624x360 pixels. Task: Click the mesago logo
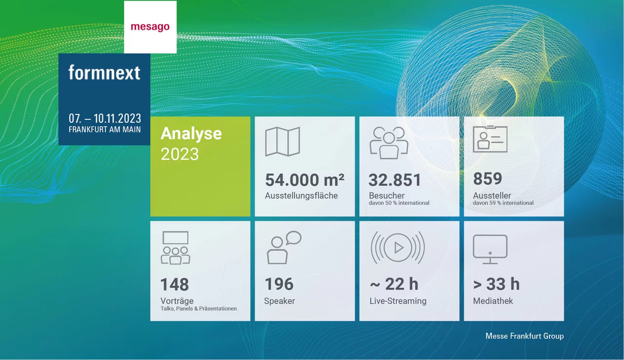pyautogui.click(x=150, y=27)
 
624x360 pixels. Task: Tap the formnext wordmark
pyautogui.click(x=104, y=73)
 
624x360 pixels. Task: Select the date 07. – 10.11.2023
pyautogui.click(x=105, y=118)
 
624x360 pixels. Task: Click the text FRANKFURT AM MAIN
pyautogui.click(x=105, y=130)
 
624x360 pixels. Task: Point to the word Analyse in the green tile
pyautogui.click(x=191, y=133)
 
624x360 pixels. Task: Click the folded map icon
pyautogui.click(x=282, y=142)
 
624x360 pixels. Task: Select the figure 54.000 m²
pyautogui.click(x=305, y=180)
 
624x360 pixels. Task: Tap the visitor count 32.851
pyautogui.click(x=395, y=180)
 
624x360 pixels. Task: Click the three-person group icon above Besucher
pyautogui.click(x=389, y=142)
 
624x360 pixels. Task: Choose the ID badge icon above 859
pyautogui.click(x=490, y=139)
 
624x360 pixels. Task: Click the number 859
pyautogui.click(x=487, y=179)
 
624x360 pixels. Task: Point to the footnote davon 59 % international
pyautogui.click(x=503, y=203)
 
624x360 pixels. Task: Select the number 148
pyautogui.click(x=175, y=284)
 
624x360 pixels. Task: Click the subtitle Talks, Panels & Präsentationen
pyautogui.click(x=198, y=308)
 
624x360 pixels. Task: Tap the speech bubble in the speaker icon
pyautogui.click(x=293, y=238)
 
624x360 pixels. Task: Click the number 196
pyautogui.click(x=279, y=284)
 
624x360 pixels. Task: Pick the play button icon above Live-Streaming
pyautogui.click(x=398, y=247)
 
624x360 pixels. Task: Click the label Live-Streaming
pyautogui.click(x=398, y=301)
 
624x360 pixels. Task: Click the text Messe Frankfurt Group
pyautogui.click(x=525, y=336)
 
